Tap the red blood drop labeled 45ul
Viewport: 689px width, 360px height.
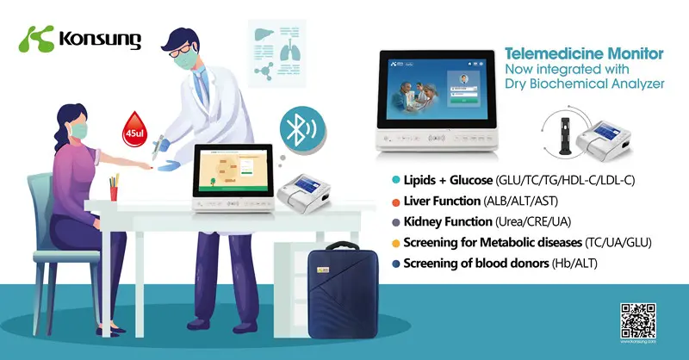(135, 125)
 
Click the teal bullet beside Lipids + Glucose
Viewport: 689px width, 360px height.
(394, 180)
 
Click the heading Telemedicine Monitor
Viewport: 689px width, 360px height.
(590, 53)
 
